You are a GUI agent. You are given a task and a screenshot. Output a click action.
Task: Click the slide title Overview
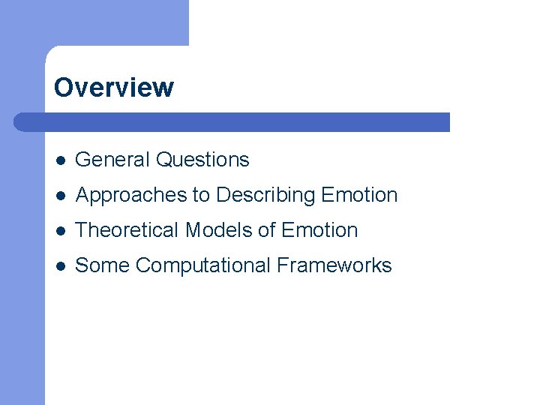point(113,88)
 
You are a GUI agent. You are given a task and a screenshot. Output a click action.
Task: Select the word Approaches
point(131,195)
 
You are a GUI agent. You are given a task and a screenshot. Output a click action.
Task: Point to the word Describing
point(265,195)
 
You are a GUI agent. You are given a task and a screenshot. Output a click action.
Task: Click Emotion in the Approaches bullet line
point(359,195)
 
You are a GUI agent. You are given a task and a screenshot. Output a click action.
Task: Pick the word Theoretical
point(127,230)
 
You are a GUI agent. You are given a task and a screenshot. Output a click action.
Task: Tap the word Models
point(218,230)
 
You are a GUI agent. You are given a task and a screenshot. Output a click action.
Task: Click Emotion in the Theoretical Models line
point(319,230)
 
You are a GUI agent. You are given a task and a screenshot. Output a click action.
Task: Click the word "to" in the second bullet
point(201,195)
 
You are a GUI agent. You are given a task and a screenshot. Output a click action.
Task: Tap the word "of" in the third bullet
point(266,230)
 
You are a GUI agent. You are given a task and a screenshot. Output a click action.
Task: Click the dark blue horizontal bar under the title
point(240,122)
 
